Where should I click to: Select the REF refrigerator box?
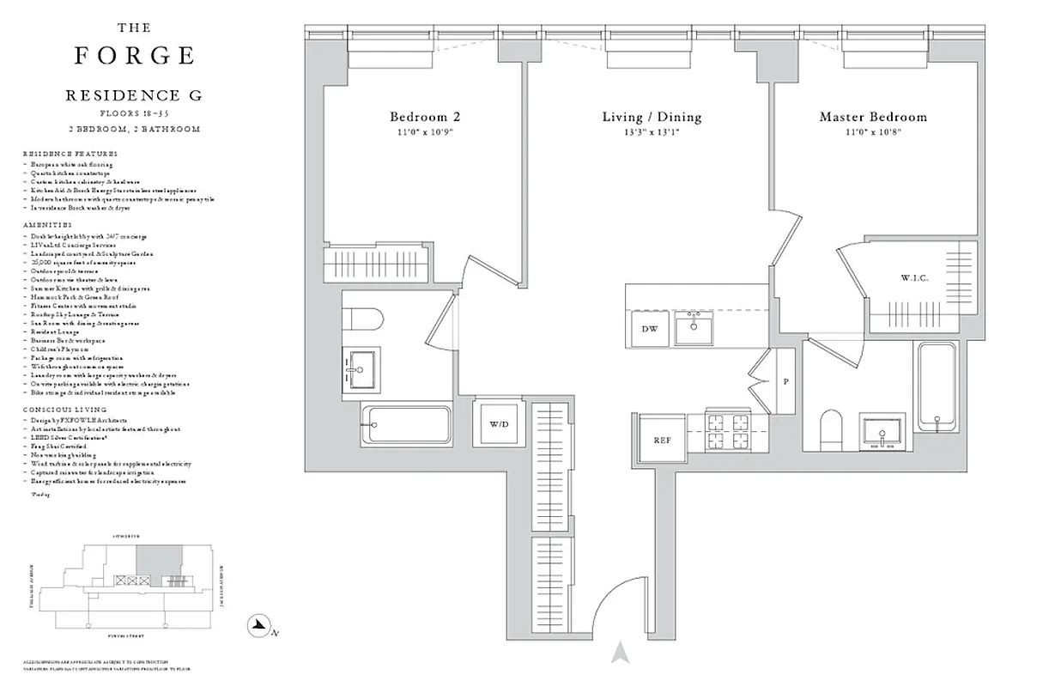pyautogui.click(x=662, y=440)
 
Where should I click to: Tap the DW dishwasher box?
pyautogui.click(x=649, y=328)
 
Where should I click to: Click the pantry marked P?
pyautogui.click(x=785, y=381)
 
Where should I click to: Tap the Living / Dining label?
pyautogui.click(x=652, y=117)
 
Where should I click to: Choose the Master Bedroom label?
pyautogui.click(x=873, y=117)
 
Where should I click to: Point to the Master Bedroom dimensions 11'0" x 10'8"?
pyautogui.click(x=873, y=132)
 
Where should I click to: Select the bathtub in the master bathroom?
pyautogui.click(x=941, y=386)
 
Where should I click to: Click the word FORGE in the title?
pyautogui.click(x=135, y=57)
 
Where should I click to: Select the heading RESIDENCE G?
pyautogui.click(x=134, y=96)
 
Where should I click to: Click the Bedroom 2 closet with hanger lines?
pyautogui.click(x=374, y=262)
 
